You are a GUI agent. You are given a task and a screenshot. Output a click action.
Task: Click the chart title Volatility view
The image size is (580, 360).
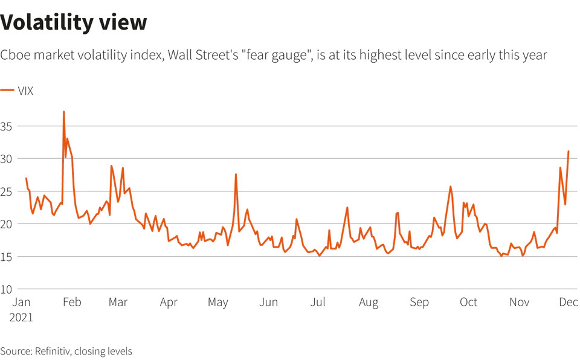74,22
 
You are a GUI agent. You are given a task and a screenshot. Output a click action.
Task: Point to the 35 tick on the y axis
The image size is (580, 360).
7,126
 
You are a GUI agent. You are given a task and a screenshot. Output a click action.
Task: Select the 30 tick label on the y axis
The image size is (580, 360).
7,159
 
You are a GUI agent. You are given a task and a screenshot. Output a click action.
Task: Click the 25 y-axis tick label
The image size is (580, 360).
7,191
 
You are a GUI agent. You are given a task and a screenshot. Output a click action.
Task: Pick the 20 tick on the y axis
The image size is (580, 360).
7,224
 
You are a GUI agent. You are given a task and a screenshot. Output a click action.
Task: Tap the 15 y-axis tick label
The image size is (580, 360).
7,257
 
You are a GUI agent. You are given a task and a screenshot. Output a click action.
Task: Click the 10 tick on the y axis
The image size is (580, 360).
7,289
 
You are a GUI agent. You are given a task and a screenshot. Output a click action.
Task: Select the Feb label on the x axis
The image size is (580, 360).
71,303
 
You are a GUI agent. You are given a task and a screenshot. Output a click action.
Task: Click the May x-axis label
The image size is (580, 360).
218,303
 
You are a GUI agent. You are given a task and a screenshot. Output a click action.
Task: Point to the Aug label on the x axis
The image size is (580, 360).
368,303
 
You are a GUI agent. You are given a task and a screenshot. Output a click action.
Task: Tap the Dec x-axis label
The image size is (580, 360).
567,303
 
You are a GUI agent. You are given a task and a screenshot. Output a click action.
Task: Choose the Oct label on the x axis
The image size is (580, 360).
468,303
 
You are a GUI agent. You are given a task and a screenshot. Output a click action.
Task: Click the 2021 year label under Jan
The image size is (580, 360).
21,317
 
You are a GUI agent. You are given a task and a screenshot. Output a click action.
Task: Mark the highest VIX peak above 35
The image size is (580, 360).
63,112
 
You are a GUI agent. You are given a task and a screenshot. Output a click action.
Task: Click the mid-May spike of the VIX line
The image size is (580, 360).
236,175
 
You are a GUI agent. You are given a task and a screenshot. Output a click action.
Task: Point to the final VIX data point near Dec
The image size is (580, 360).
569,152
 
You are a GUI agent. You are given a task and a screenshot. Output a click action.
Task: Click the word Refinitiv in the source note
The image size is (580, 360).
52,351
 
